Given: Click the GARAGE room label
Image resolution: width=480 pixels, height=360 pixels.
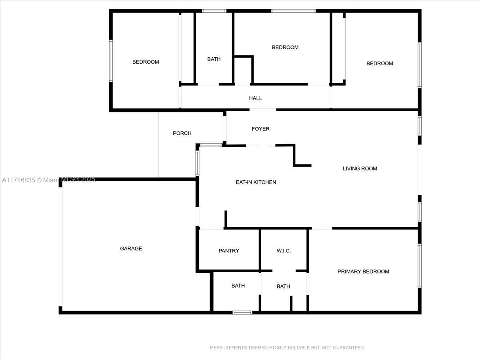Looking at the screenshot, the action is [x=131, y=248].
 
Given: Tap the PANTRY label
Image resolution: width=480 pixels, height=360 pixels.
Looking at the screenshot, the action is [x=229, y=251].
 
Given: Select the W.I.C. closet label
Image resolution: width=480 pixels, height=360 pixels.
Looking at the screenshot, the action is [x=284, y=251].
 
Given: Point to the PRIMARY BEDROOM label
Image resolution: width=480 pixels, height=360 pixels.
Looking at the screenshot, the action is [x=363, y=272].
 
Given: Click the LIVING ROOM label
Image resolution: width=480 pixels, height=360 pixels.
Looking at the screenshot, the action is [x=360, y=168].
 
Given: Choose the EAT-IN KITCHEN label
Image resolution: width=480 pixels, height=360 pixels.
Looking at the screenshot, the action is [x=256, y=182].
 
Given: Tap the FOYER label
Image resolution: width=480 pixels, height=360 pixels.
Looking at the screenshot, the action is [x=260, y=129].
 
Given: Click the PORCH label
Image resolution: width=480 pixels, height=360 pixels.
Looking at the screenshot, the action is [x=182, y=133].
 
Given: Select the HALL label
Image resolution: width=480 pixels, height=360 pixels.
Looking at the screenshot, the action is [x=255, y=98].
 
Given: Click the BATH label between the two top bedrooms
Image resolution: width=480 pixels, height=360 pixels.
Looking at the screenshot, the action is [x=214, y=59].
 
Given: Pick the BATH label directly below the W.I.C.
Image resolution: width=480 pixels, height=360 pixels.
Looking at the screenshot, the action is [x=284, y=286].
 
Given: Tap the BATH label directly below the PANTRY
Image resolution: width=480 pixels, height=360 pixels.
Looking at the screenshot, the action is [x=238, y=286].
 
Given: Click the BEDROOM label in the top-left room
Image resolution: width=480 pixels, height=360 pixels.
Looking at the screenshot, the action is [x=146, y=62].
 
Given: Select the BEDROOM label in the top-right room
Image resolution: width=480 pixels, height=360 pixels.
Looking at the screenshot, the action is [x=380, y=63].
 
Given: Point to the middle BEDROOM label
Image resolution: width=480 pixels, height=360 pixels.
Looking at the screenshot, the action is [x=285, y=48].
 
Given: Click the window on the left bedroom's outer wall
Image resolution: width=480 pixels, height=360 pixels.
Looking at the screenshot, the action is [x=111, y=61].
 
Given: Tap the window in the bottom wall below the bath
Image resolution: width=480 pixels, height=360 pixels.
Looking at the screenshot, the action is [x=242, y=312].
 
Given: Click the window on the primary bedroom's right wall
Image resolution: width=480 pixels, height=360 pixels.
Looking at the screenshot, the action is [x=420, y=266].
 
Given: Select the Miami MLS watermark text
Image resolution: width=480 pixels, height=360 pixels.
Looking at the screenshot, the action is [x=48, y=180].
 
